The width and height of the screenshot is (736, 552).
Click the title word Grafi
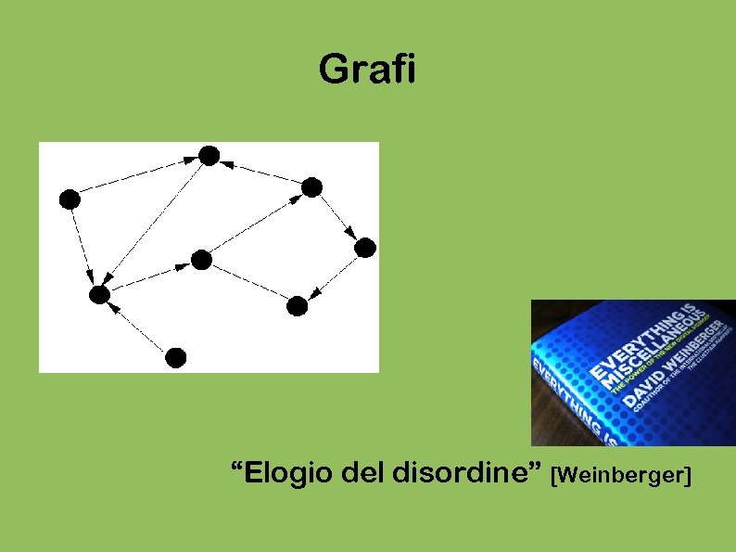coord(367,70)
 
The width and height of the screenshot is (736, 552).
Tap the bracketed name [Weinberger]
coord(621,477)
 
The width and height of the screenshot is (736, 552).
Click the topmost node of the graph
coord(209,156)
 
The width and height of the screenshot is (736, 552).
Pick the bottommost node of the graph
coord(176,357)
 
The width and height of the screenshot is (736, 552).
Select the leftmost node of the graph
coord(70,199)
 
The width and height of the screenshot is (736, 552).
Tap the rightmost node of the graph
coord(365,248)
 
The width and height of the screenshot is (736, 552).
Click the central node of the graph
coord(201,260)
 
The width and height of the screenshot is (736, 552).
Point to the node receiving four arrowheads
coord(99,295)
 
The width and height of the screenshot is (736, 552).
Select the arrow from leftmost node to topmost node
coord(139,177)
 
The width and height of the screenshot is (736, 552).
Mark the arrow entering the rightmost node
coord(339,218)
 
